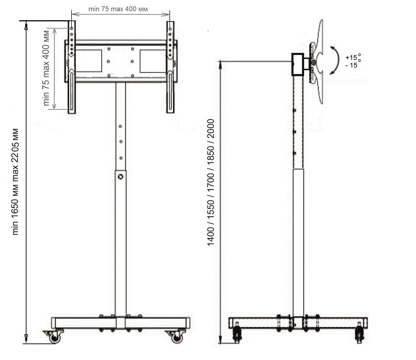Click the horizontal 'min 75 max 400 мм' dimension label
118,9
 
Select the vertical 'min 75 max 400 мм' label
46,68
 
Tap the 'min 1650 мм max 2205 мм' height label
16,182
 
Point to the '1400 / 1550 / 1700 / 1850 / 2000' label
211,183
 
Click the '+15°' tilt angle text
353,57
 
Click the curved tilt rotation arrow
335,60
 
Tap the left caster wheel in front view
54,337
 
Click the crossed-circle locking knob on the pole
121,177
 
